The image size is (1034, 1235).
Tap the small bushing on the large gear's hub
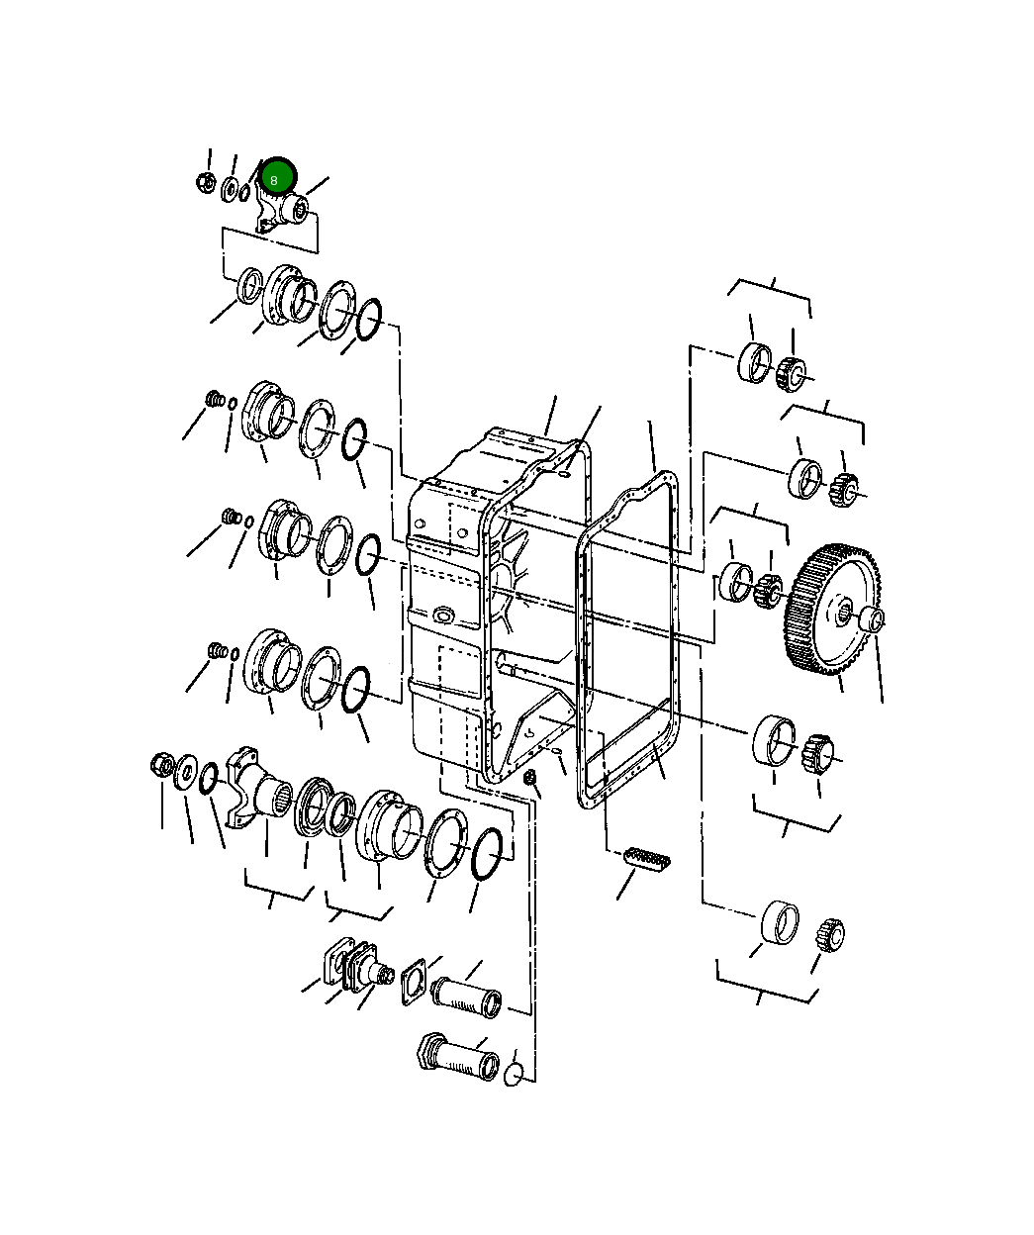[x=872, y=619]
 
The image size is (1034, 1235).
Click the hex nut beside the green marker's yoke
[x=206, y=182]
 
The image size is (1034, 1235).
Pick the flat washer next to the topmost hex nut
[x=230, y=187]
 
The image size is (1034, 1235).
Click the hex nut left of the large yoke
[x=161, y=765]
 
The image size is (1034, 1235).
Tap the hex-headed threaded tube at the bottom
[x=455, y=1057]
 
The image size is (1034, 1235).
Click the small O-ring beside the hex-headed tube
[x=514, y=1074]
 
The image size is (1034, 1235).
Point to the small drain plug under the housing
[x=530, y=779]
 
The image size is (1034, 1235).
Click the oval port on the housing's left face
[x=440, y=617]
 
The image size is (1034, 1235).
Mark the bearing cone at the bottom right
[x=829, y=932]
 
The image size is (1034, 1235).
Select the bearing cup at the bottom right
[x=781, y=922]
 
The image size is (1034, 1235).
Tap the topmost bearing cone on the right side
[x=792, y=372]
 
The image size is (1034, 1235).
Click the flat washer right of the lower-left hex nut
[x=185, y=771]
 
